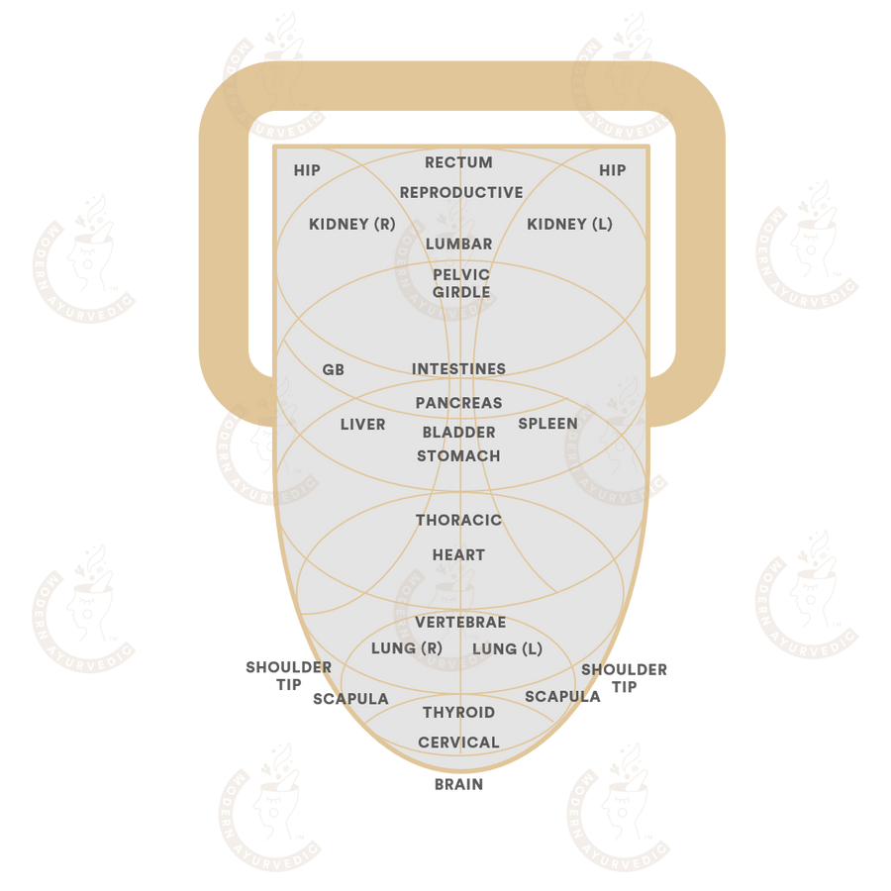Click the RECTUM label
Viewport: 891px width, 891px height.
[458, 162]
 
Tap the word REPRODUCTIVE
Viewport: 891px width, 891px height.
[461, 193]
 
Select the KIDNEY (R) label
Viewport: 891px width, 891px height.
[352, 224]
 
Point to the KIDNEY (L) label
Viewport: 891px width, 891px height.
[569, 224]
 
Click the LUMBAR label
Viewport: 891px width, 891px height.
[459, 244]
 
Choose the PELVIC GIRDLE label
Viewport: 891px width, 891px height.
[461, 283]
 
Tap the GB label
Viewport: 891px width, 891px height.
[333, 370]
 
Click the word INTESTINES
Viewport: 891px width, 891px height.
[458, 369]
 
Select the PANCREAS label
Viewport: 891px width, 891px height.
[458, 403]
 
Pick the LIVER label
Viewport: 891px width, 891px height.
[362, 425]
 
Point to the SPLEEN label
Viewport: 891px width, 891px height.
[547, 424]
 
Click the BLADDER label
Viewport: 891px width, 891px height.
[458, 433]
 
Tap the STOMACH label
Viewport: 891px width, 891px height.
[458, 455]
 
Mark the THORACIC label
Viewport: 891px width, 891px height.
[458, 520]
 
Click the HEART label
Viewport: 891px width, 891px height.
[458, 554]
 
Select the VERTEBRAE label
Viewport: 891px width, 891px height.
[460, 623]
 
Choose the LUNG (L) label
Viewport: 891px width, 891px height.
[508, 648]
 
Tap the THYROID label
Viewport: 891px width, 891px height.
[458, 712]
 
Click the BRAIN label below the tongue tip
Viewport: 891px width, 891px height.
[458, 784]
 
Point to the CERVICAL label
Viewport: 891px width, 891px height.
[458, 742]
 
